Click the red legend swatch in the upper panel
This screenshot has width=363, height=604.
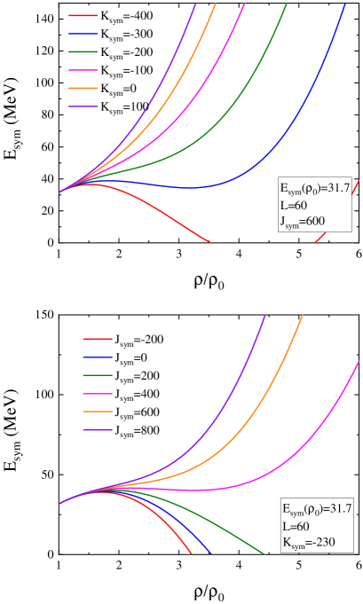coord(83,16)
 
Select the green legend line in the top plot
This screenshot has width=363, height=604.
coord(83,51)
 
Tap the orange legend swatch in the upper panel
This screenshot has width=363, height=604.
coord(83,88)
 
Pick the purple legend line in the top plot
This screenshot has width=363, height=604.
coord(83,106)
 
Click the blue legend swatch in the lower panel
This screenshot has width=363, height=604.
coord(98,357)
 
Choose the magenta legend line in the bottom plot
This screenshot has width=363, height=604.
coord(98,394)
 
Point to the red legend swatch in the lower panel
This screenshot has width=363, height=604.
coord(98,339)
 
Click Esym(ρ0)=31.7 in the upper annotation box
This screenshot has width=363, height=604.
coord(316,188)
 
